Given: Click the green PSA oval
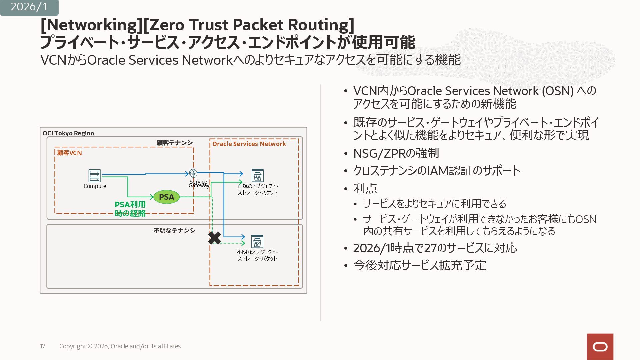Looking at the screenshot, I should coord(166,197).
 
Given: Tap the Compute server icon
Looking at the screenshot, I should coord(95,176).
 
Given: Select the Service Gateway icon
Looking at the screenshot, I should coord(193,173).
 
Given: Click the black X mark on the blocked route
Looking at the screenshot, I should coord(214,238).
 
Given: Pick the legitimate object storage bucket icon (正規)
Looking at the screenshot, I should coord(257,175).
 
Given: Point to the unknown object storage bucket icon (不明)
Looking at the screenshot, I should coord(257,241).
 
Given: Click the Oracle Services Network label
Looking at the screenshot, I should coord(249,144).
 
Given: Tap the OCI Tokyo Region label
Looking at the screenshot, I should coord(68,133).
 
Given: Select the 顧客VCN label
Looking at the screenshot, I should coord(69,153).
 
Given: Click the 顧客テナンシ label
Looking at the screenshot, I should coord(175,143).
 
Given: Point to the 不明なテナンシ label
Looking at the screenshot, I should coord(174,230).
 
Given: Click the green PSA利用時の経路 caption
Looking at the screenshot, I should coord(130,209).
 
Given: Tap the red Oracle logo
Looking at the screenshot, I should coord(600,347).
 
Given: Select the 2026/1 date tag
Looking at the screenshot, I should coord(29,7).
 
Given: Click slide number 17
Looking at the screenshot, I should coord(42,346).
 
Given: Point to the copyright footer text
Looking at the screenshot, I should coord(120,346).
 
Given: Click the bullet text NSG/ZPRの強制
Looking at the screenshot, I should coord(396,153).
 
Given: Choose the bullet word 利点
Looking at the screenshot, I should coord(365,189).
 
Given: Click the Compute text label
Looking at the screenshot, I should coord(95,186).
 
